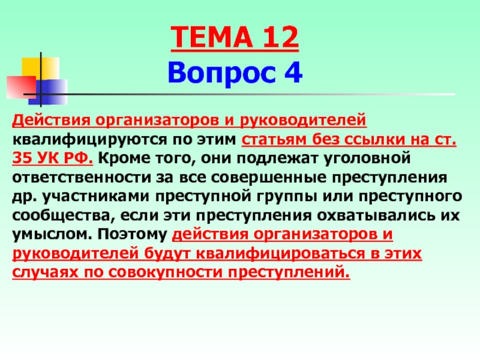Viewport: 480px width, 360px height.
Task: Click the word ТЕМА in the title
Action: (212, 37)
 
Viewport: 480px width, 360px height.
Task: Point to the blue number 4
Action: (293, 73)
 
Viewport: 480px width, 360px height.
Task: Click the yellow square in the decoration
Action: (40, 68)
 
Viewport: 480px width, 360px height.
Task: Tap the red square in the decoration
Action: (21, 87)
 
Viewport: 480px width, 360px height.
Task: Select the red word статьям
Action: (274, 139)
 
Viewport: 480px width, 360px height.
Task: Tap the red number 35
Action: (22, 158)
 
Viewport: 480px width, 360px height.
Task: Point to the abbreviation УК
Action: (48, 158)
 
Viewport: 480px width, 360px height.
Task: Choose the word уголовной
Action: (367, 158)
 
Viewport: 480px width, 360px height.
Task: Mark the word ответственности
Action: (82, 178)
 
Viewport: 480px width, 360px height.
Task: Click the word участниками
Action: (95, 197)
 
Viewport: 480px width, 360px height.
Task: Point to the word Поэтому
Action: (132, 235)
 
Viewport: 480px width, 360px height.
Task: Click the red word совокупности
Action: (165, 272)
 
